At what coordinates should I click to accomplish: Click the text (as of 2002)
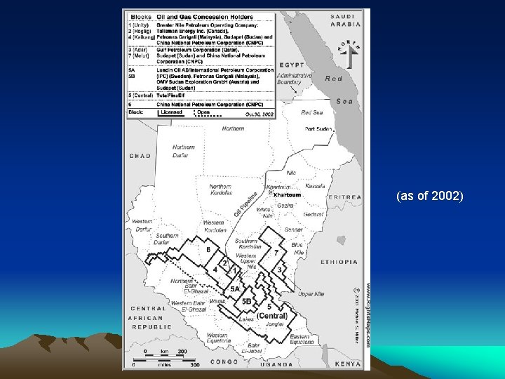pos(429,196)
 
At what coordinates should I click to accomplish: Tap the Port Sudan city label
pos(318,129)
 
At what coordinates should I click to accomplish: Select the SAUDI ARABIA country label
pos(346,20)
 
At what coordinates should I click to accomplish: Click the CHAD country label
pos(140,156)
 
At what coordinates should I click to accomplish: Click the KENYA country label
pos(347,364)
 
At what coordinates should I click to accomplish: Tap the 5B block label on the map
pos(246,301)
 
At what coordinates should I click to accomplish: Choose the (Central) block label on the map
pos(272,316)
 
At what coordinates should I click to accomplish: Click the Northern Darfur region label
pos(184,151)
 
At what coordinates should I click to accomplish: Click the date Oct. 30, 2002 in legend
pos(259,113)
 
